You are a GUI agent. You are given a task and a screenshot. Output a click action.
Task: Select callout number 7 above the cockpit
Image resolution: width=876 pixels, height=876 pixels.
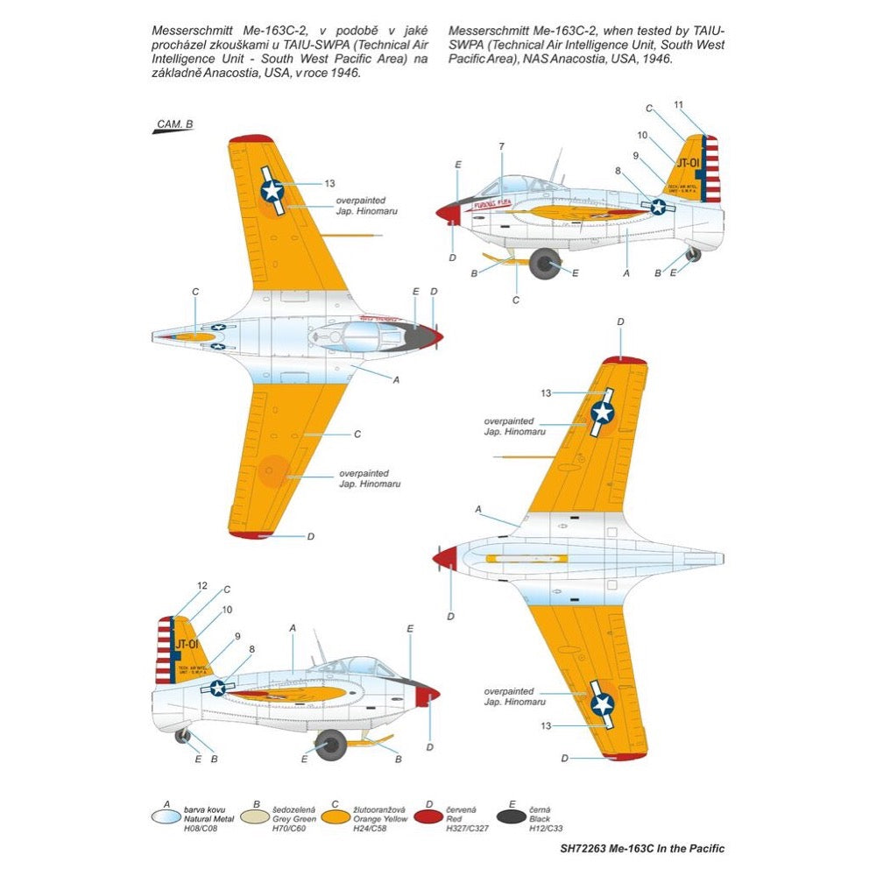(502, 145)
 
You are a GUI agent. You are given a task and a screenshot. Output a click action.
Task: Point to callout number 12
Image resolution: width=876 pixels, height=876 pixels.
(201, 585)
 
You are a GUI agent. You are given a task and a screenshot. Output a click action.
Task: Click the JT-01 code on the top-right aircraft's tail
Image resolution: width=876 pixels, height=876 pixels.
(691, 163)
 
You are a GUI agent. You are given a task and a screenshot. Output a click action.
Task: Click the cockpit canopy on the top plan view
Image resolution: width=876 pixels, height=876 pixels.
(355, 334)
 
